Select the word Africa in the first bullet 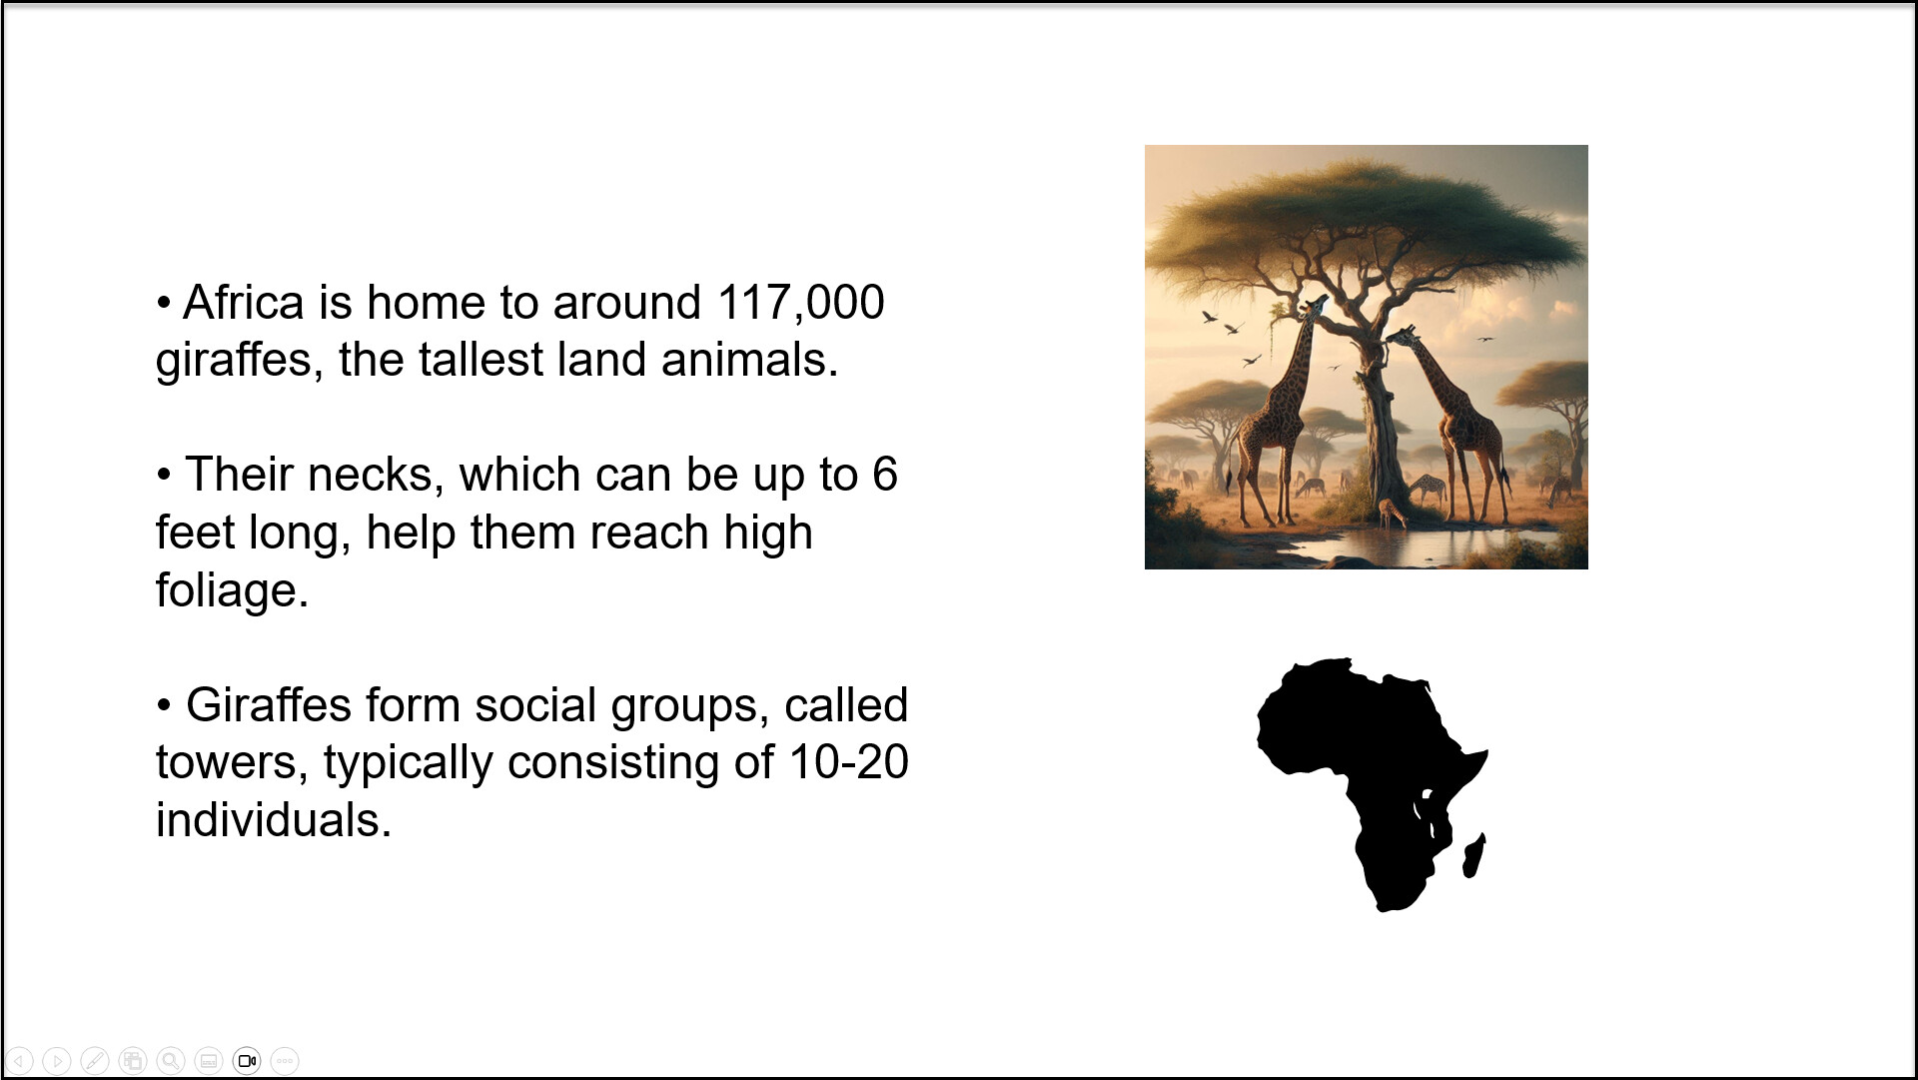(244, 302)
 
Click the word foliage (232, 591)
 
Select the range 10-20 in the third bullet (848, 762)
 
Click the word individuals (273, 820)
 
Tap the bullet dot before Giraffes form (164, 705)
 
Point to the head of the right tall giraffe (1401, 337)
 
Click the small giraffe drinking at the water (1392, 513)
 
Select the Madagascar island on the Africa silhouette (1473, 856)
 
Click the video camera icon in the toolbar (247, 1061)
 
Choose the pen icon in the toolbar (95, 1061)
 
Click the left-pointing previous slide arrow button (19, 1061)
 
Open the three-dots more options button (285, 1061)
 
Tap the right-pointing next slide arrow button (57, 1061)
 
